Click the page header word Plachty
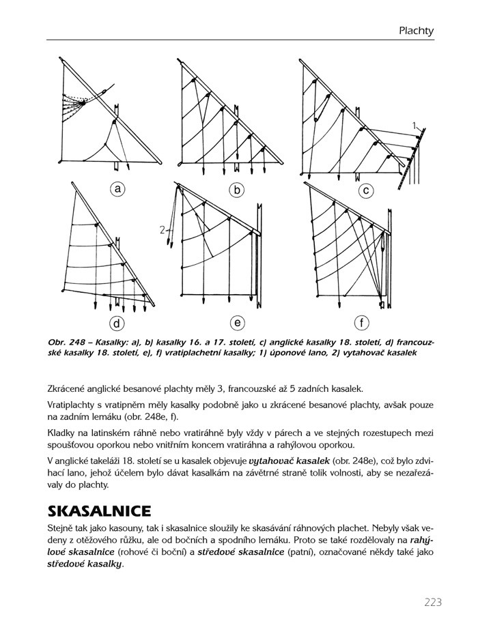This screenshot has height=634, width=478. click(417, 31)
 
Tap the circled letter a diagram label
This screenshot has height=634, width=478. click(118, 189)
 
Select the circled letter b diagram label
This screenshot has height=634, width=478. click(237, 190)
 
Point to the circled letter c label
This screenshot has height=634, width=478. click(366, 190)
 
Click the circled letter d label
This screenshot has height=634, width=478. click(118, 322)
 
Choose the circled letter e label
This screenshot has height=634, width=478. click(237, 322)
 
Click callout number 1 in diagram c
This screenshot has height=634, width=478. click(414, 124)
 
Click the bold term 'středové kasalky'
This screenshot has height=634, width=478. click(84, 564)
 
